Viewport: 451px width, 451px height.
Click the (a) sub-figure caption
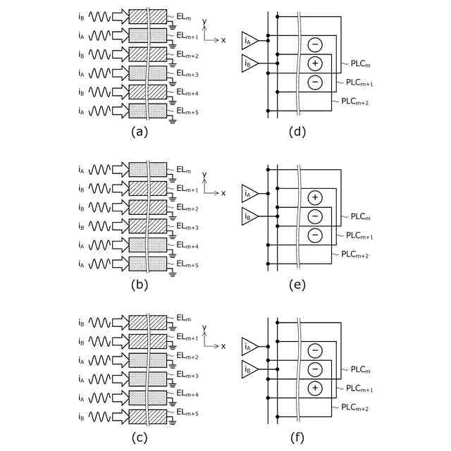click(x=140, y=132)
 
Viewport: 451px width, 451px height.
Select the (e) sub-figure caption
click(x=297, y=285)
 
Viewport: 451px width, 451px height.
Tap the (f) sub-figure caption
click(x=297, y=438)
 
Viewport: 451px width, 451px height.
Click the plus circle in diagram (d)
click(x=315, y=63)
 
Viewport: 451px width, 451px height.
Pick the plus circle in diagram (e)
click(x=315, y=197)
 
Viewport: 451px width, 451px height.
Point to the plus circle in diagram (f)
click(x=315, y=388)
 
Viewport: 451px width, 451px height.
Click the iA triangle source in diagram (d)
click(x=249, y=41)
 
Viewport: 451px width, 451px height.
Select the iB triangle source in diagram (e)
click(x=249, y=216)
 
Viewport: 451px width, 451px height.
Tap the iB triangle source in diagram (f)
click(x=249, y=369)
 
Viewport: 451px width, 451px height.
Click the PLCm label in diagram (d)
click(x=360, y=64)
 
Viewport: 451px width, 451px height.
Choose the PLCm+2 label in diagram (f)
click(x=355, y=407)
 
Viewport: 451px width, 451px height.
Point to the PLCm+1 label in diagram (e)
click(x=359, y=235)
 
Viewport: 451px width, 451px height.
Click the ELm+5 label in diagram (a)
click(x=187, y=111)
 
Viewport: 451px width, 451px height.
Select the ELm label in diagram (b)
click(x=183, y=170)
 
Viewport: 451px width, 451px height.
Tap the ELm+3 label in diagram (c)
click(x=187, y=375)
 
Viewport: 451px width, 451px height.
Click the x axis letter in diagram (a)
click(x=223, y=40)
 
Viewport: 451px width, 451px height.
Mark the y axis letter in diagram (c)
click(x=204, y=328)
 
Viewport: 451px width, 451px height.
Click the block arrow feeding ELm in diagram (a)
click(x=121, y=17)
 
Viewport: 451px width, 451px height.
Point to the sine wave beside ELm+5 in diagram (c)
click(x=99, y=416)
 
